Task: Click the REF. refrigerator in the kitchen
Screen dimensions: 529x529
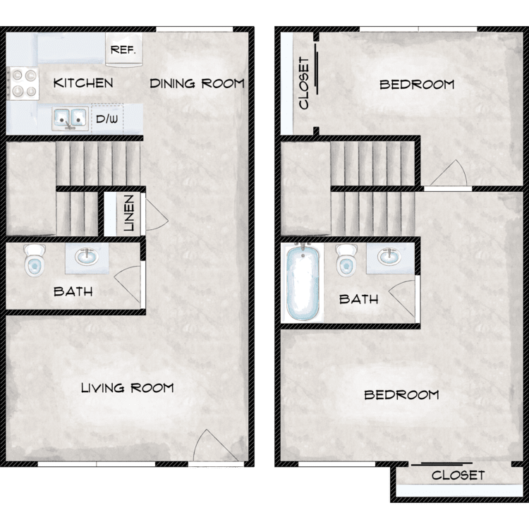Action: (124, 49)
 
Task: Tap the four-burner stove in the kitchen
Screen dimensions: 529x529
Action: (23, 83)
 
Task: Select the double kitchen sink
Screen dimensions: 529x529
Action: (70, 118)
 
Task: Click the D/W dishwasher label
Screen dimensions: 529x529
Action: (107, 118)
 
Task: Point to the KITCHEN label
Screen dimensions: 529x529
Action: (83, 83)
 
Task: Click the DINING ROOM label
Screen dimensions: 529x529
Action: (197, 83)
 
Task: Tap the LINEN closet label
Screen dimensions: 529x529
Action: (129, 213)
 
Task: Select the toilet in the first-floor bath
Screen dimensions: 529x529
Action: (35, 260)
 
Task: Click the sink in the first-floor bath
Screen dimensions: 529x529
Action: (87, 257)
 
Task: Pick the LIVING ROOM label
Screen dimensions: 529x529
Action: (127, 388)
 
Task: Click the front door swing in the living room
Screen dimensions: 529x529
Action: (216, 446)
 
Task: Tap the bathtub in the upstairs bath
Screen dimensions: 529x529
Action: (303, 282)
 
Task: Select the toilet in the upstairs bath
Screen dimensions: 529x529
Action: (346, 260)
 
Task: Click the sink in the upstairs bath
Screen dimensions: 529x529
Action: (389, 257)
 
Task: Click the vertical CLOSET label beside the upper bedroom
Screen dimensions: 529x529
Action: (304, 83)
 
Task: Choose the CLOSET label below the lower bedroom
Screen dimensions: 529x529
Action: (458, 475)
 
